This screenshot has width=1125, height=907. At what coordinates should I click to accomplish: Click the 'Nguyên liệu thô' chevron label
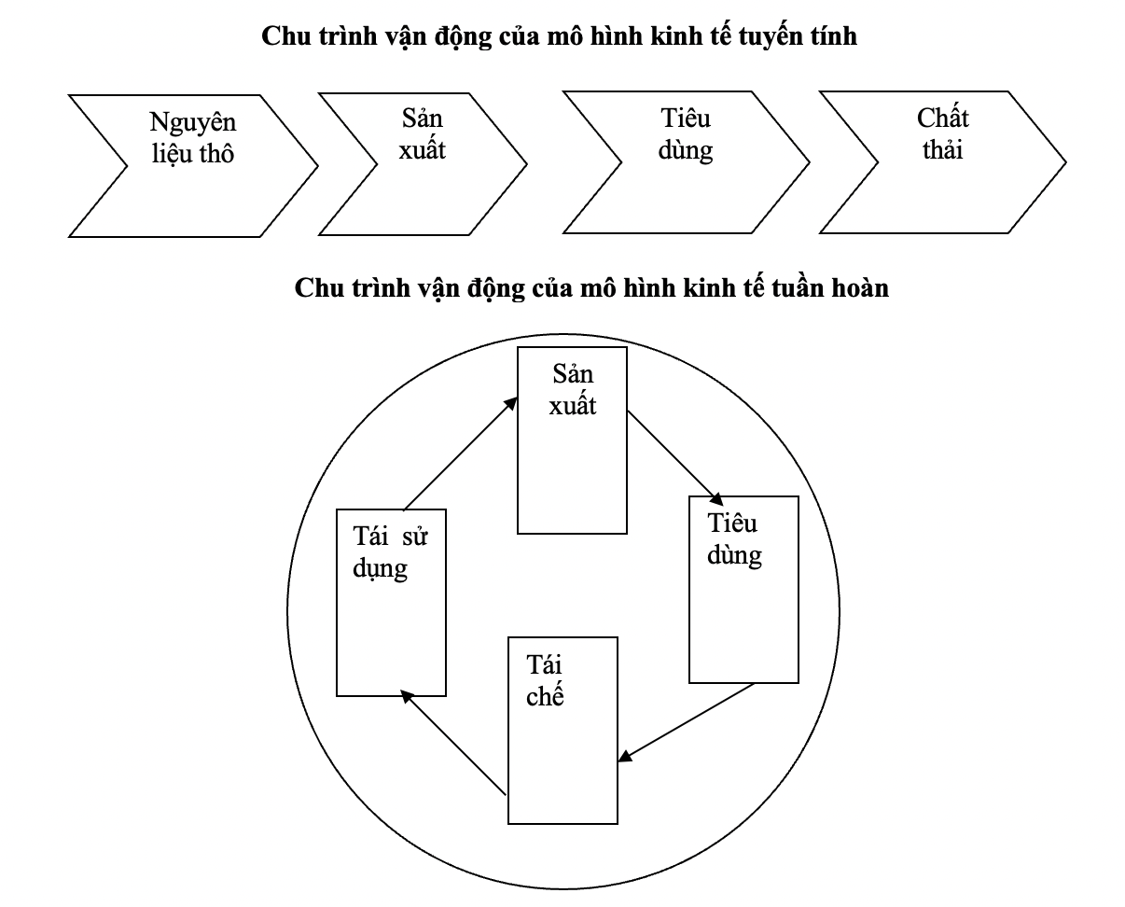pyautogui.click(x=193, y=137)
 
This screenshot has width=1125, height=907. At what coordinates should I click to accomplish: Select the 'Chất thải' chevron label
pyautogui.click(x=942, y=134)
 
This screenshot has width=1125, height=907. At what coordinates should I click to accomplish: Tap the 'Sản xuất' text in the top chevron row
pyautogui.click(x=423, y=134)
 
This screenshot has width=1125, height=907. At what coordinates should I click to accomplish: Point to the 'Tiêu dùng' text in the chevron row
pyautogui.click(x=686, y=135)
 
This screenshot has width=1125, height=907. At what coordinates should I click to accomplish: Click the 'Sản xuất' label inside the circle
pyautogui.click(x=573, y=390)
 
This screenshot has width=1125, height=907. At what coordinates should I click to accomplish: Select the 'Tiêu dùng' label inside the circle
pyautogui.click(x=734, y=539)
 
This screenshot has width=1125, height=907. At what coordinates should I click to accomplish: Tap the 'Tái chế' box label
pyautogui.click(x=545, y=681)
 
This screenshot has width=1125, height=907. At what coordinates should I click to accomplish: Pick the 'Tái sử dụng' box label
pyautogui.click(x=390, y=553)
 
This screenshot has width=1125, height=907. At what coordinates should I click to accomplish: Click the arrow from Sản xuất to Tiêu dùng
pyautogui.click(x=674, y=458)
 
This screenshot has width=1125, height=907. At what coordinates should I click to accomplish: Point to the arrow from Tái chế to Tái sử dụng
pyautogui.click(x=453, y=743)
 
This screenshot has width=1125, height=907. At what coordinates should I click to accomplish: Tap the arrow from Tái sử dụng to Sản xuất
pyautogui.click(x=461, y=453)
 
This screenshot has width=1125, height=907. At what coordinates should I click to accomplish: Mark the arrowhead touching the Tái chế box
pyautogui.click(x=625, y=757)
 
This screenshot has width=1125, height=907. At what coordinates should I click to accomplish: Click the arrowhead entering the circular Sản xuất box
pyautogui.click(x=511, y=403)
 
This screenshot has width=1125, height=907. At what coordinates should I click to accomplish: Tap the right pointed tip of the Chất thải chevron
pyautogui.click(x=1065, y=162)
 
